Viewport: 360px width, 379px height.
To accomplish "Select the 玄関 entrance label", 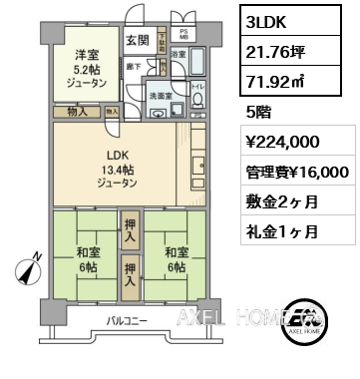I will click(138, 40).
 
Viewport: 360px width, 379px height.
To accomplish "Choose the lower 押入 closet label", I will click(131, 269).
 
